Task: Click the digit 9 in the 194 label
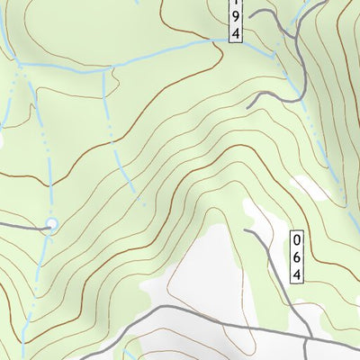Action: click(235, 15)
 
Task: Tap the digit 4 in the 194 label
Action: click(235, 32)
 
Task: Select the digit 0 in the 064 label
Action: click(297, 239)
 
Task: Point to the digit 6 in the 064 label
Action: click(297, 256)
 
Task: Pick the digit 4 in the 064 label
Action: click(297, 273)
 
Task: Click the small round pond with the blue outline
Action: click(51, 223)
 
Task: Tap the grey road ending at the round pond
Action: click(22, 226)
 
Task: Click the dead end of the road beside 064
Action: click(245, 230)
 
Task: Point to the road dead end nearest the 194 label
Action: click(251, 14)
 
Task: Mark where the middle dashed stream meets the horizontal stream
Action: click(104, 69)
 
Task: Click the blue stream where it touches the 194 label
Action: click(225, 40)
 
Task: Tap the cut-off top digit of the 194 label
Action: click(235, 3)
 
